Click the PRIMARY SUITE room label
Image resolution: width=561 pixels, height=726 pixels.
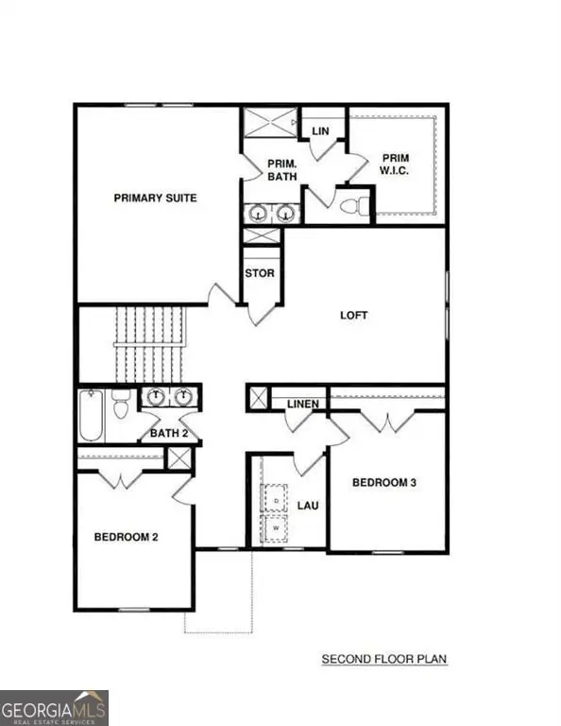pyautogui.click(x=155, y=198)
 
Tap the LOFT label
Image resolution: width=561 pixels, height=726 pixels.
pyautogui.click(x=354, y=316)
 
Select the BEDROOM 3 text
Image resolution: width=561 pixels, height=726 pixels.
pyautogui.click(x=384, y=482)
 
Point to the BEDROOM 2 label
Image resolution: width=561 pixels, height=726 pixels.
pyautogui.click(x=126, y=537)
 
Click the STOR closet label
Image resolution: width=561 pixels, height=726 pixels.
pyautogui.click(x=260, y=273)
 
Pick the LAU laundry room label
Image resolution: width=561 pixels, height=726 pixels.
pyautogui.click(x=308, y=506)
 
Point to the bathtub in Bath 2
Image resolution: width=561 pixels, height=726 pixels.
pyautogui.click(x=91, y=416)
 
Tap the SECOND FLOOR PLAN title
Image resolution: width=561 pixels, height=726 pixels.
pyautogui.click(x=384, y=658)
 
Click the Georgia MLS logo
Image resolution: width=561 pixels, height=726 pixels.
pyautogui.click(x=54, y=707)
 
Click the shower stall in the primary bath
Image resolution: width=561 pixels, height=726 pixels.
pyautogui.click(x=267, y=124)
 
